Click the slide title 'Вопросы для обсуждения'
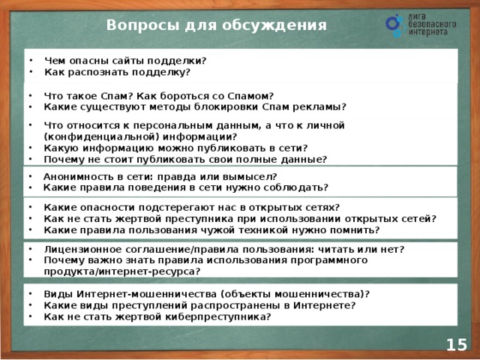(x=217, y=25)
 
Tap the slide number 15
(x=456, y=344)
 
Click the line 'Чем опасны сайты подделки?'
(x=125, y=61)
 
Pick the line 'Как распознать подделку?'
(x=117, y=73)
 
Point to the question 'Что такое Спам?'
(x=84, y=95)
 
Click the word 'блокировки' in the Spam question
(x=226, y=106)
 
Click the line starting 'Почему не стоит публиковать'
(x=185, y=159)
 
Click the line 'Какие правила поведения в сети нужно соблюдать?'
(x=185, y=186)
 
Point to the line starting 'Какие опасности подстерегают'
(x=191, y=207)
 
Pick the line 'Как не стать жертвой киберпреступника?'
(x=157, y=316)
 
